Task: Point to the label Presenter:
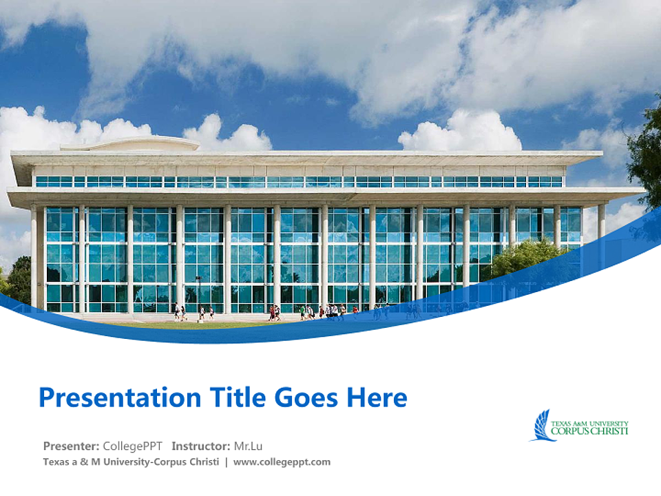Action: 71,446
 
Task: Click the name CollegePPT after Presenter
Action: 133,446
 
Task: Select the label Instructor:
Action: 201,446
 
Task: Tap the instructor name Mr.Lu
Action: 249,446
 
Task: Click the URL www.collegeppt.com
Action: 282,462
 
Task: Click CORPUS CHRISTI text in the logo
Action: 590,431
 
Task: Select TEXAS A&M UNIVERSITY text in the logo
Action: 590,422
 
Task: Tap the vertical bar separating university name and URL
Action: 227,462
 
